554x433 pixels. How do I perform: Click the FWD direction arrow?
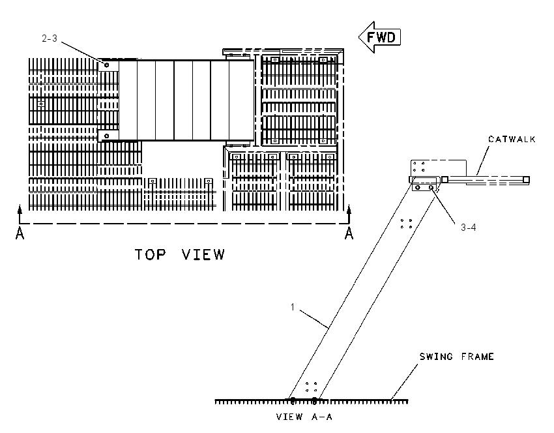point(380,37)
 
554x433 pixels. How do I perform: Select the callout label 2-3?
point(50,38)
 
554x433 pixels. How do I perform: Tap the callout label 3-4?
point(468,228)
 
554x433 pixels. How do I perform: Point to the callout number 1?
point(293,307)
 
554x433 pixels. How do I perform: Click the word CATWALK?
point(512,140)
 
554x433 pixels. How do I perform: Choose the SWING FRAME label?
point(456,357)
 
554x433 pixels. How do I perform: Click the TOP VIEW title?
point(180,254)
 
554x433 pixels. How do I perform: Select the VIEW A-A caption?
point(304,417)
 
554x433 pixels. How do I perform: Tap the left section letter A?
point(20,233)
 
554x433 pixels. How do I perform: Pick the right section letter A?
point(349,233)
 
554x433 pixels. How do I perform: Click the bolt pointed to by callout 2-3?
point(106,65)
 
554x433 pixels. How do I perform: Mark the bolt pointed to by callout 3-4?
point(431,187)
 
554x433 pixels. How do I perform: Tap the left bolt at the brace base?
point(293,400)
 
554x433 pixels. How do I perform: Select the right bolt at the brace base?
point(314,400)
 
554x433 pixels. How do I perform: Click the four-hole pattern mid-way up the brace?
point(406,224)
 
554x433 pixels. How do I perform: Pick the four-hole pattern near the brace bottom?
point(311,387)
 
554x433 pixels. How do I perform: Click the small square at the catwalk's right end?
point(526,179)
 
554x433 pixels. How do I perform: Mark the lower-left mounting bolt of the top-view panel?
point(106,136)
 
